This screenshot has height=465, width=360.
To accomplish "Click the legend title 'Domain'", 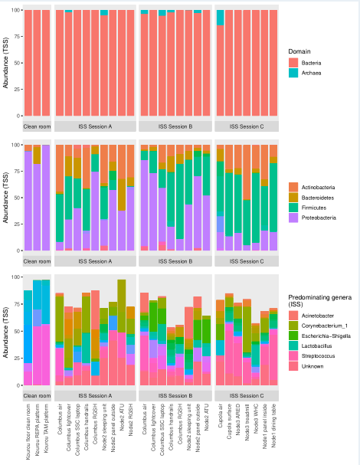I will pos(300,51).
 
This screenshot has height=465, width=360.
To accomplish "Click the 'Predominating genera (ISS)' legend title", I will pos(318,301).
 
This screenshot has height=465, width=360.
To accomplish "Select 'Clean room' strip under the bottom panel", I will pos(38,388).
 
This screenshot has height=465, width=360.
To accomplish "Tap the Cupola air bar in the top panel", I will pos(221,69).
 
